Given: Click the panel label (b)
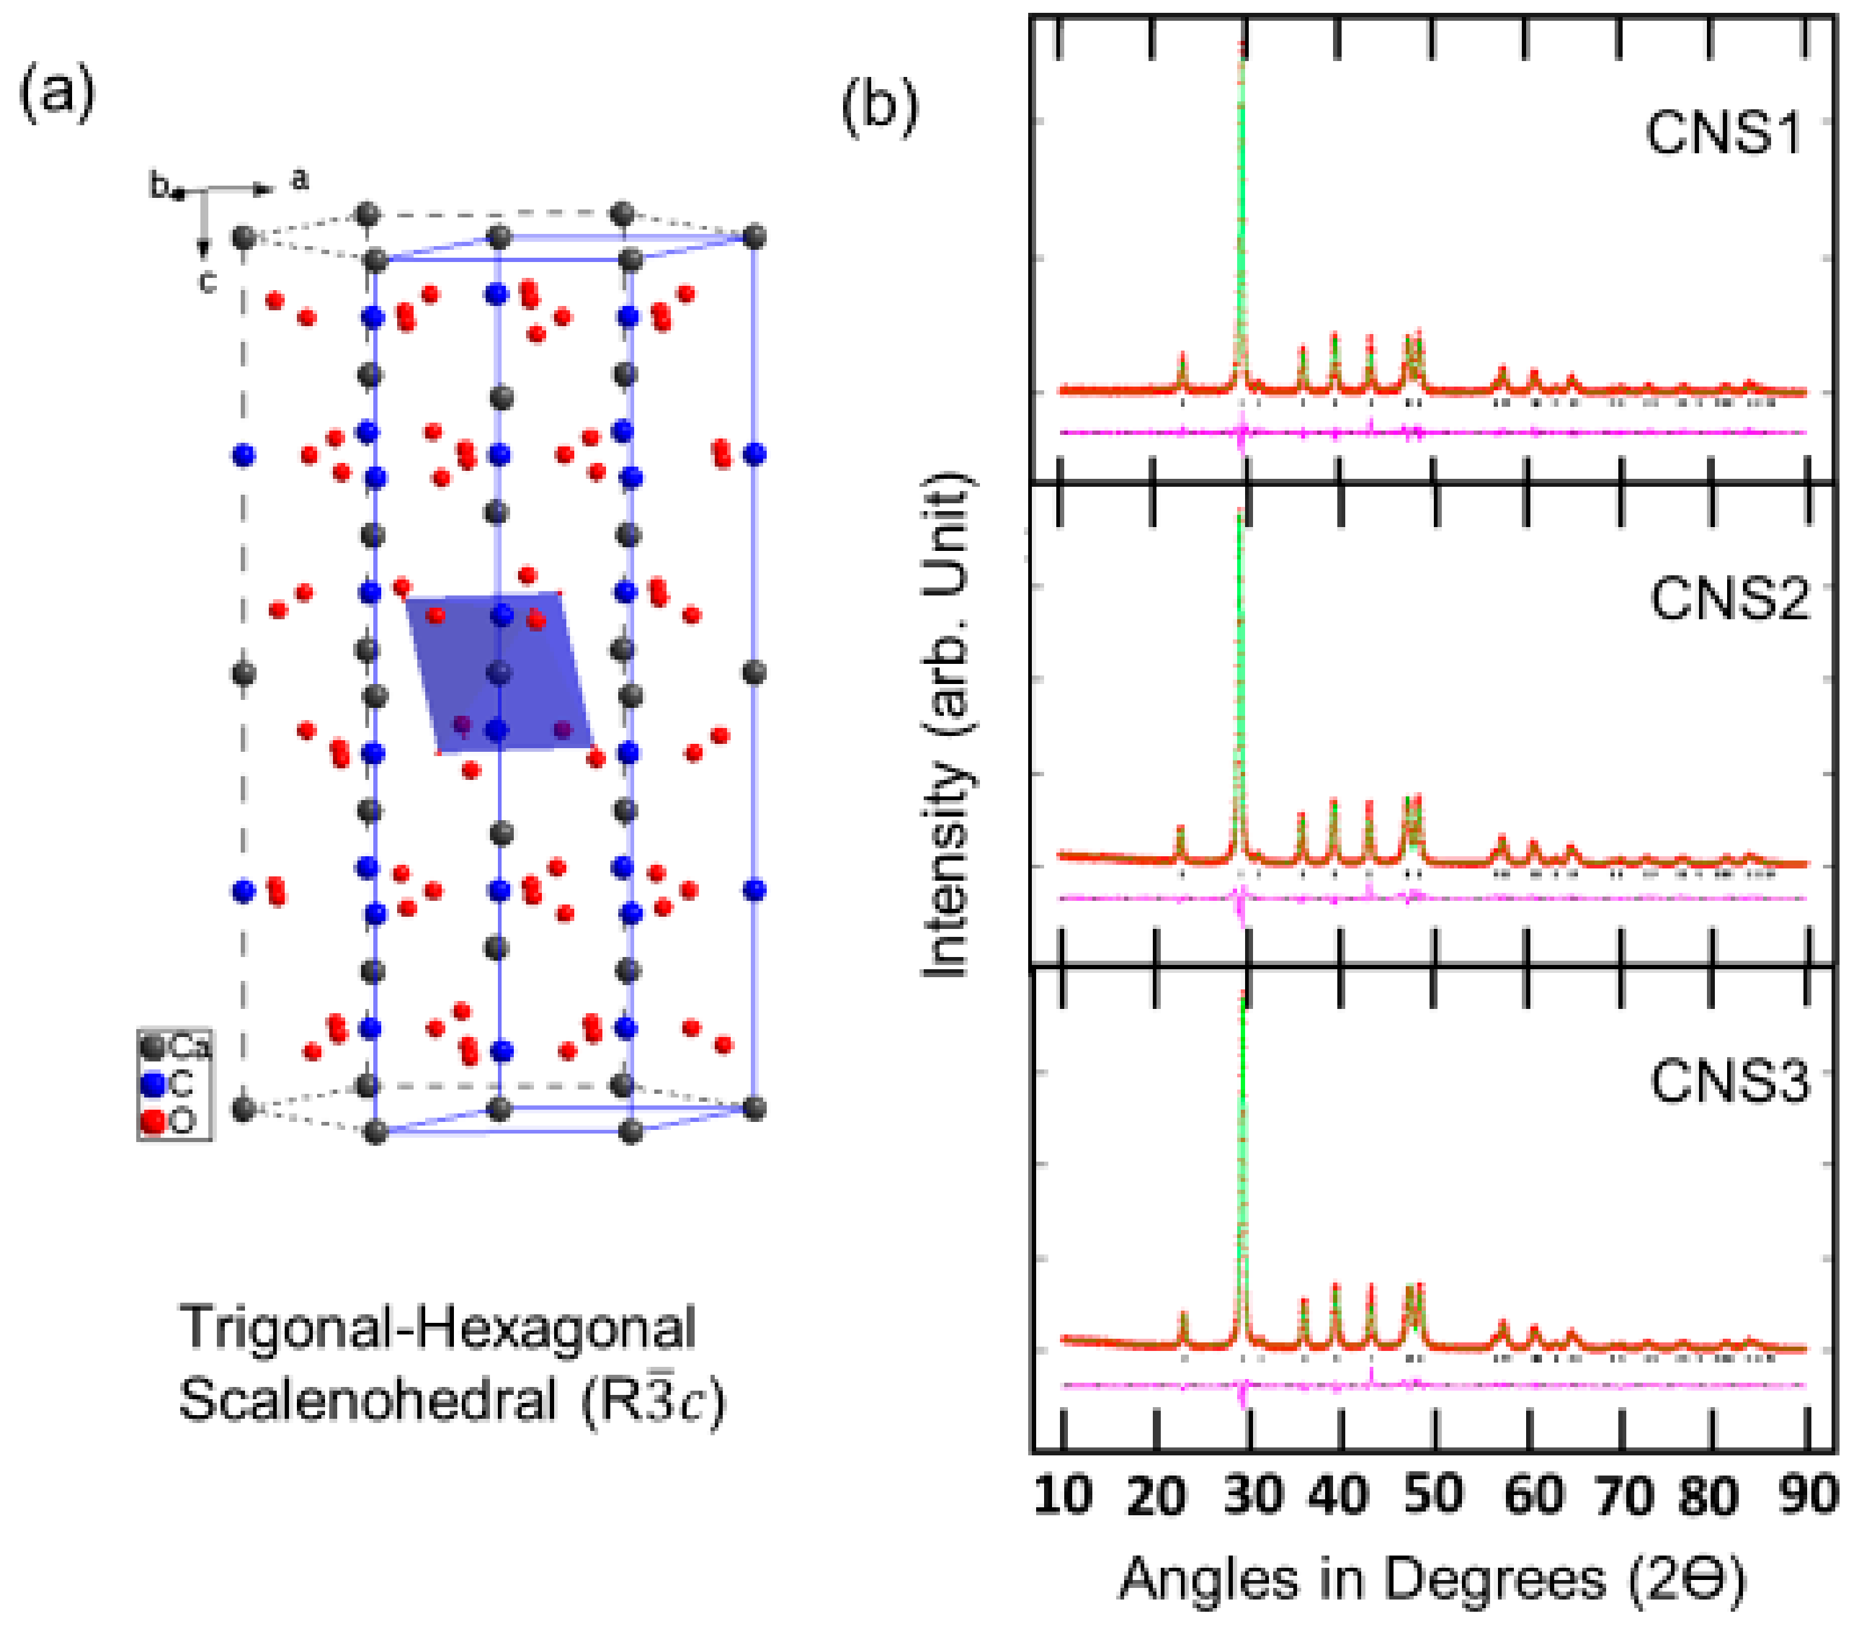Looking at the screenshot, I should [x=879, y=107].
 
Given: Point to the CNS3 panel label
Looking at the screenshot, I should [x=1729, y=1082].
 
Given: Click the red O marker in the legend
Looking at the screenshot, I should [x=153, y=1121].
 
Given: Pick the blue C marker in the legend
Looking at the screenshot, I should [x=153, y=1084].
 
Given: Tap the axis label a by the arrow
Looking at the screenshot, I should [x=299, y=180].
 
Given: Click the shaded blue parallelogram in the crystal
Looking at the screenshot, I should [x=500, y=672].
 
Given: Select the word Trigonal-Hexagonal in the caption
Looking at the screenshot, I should [x=437, y=1327].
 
